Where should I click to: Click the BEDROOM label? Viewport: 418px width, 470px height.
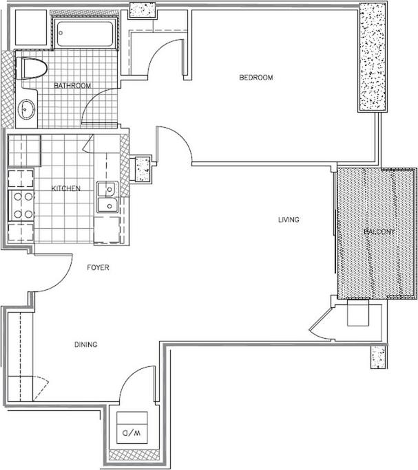[x=255, y=78]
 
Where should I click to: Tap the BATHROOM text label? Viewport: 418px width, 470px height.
[x=72, y=86]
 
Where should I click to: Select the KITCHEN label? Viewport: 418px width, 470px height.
[x=66, y=188]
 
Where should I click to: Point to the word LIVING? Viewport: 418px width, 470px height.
[x=289, y=220]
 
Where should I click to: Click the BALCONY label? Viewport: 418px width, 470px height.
[x=379, y=232]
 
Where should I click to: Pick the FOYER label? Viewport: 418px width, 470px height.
[x=98, y=267]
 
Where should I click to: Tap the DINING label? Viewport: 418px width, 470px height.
[x=85, y=344]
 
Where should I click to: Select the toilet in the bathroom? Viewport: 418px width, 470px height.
[x=32, y=69]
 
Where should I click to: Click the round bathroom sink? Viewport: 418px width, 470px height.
[x=26, y=109]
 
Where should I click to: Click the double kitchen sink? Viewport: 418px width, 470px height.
[x=107, y=197]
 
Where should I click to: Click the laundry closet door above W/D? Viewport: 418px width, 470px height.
[x=138, y=385]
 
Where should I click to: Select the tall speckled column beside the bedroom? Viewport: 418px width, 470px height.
[x=373, y=57]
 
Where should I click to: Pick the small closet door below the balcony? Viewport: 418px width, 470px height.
[x=322, y=325]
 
